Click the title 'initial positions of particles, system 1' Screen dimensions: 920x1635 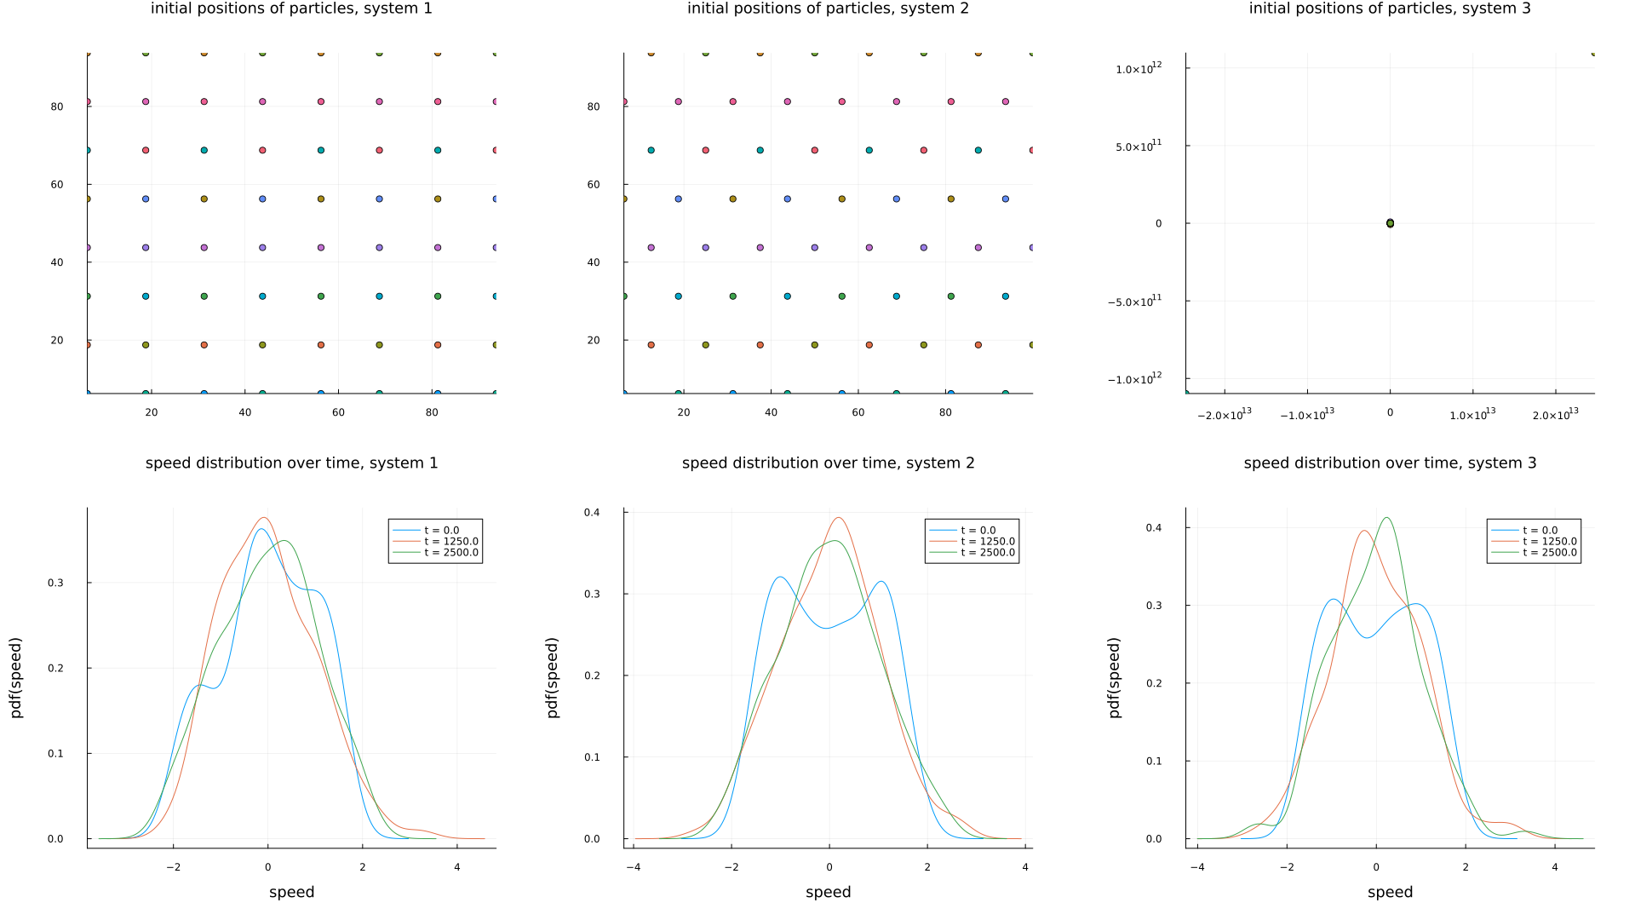coord(291,9)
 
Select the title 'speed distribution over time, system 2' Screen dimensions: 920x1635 coord(828,463)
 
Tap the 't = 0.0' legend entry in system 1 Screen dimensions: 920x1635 coord(441,531)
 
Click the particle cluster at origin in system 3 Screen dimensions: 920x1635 coord(1390,223)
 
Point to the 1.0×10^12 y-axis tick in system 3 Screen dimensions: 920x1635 coord(1139,68)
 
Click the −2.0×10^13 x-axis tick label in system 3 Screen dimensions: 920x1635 coord(1225,414)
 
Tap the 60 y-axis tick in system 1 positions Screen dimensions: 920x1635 coord(57,185)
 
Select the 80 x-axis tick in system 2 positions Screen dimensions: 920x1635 coord(945,413)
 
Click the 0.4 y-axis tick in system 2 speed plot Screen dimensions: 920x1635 coord(592,513)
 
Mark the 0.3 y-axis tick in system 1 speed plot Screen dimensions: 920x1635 coord(55,584)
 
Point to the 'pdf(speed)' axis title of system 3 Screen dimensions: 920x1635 coord(1115,677)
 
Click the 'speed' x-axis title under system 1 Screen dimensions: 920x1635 coord(291,893)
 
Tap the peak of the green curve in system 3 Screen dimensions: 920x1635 coord(1387,518)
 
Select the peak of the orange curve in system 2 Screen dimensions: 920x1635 coord(839,518)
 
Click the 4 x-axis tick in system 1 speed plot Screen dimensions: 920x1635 coord(457,868)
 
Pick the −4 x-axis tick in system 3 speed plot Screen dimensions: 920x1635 coord(1196,868)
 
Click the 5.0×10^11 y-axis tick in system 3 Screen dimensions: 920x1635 coord(1139,147)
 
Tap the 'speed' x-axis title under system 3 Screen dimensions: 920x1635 coord(1390,893)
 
